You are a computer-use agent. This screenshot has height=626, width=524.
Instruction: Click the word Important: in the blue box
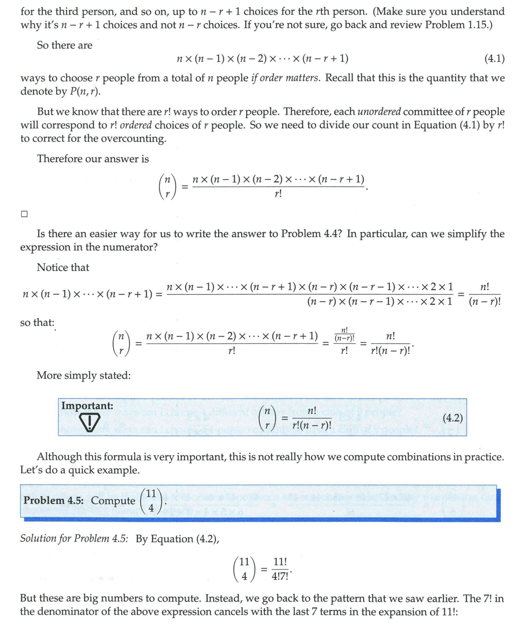(x=87, y=406)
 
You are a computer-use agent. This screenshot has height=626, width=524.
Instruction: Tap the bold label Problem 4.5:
(x=55, y=500)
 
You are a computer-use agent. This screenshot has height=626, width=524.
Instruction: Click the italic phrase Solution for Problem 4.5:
(x=75, y=539)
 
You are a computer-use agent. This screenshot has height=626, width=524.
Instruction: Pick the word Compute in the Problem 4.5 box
(x=113, y=500)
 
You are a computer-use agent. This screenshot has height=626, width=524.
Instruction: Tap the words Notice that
(x=63, y=267)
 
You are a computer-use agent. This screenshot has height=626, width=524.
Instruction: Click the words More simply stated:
(x=83, y=375)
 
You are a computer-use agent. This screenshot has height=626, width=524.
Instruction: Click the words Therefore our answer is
(x=93, y=159)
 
